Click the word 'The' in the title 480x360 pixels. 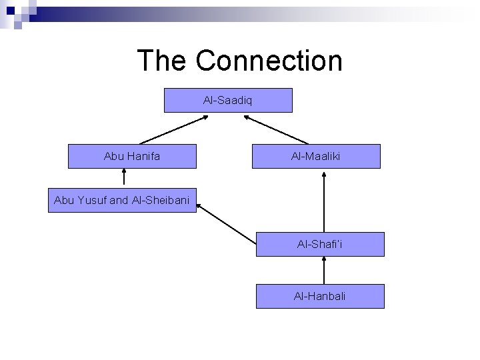tap(162, 61)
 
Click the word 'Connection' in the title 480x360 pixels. tap(269, 61)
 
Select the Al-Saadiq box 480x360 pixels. tap(228, 100)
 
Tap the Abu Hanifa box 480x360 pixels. tap(132, 156)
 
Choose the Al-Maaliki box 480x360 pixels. tap(316, 156)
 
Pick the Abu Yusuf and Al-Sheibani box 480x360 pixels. tap(123, 199)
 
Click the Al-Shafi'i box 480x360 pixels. tap(320, 245)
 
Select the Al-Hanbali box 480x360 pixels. tap(320, 296)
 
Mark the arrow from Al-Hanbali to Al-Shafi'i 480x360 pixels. tap(323, 271)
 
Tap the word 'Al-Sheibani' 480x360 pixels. tap(161, 199)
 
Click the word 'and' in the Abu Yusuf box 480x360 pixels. tap(118, 199)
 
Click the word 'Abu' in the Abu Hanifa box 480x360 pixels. tap(114, 156)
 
